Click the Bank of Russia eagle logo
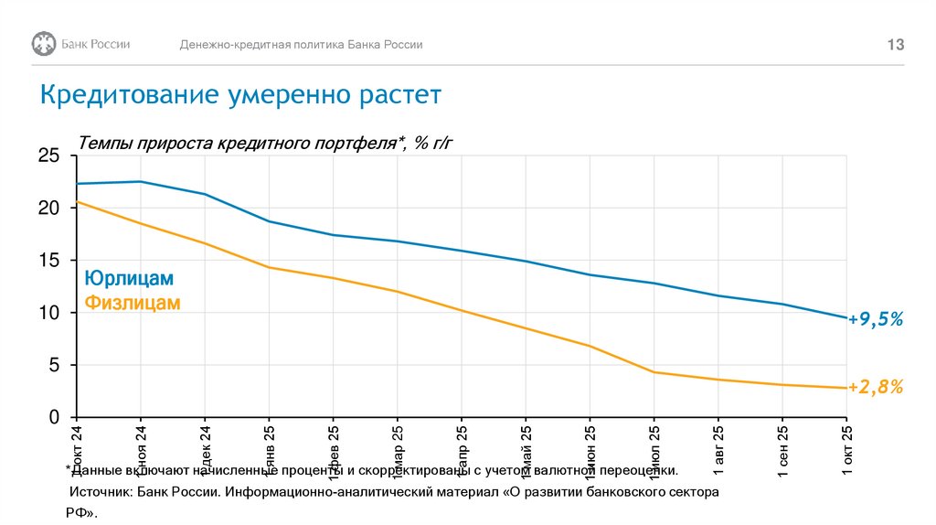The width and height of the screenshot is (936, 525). pos(44,44)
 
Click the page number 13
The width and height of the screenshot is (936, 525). pos(896,45)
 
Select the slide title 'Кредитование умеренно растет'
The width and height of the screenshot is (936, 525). pos(239,95)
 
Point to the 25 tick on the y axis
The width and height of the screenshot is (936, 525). pos(48,156)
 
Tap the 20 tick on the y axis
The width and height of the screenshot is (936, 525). pos(48,209)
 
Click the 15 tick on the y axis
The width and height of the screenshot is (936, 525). pos(48,261)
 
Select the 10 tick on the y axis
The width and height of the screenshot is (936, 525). pos(48,313)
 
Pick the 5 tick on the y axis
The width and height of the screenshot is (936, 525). pos(53,365)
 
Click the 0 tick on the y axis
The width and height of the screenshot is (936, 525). pos(53,417)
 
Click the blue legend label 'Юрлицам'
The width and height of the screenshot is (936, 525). pos(129,278)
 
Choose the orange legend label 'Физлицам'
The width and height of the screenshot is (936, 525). pos(133,303)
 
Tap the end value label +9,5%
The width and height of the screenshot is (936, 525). pos(876,319)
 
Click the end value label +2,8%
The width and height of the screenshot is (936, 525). pos(876,388)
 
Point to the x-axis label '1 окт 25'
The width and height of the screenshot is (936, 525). pos(846,448)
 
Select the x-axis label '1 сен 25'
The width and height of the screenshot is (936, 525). pos(782,448)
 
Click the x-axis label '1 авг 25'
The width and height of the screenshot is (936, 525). pos(718,448)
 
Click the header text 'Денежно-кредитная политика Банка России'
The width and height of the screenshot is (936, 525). pos(301,45)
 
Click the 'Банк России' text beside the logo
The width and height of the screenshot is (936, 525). pos(95,44)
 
